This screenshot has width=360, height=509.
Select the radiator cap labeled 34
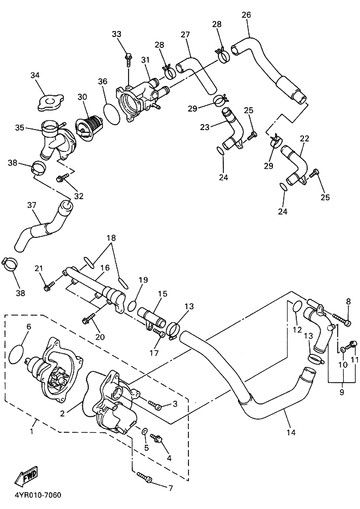tap(50, 102)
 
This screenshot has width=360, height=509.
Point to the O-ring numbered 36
tap(112, 114)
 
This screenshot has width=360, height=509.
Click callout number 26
tap(246, 15)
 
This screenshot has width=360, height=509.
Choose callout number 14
tap(291, 432)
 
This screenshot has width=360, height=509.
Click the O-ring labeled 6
tap(16, 354)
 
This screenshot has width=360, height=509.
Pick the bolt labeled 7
tap(144, 476)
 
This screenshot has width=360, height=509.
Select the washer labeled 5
tap(144, 431)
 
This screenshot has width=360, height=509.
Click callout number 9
tap(342, 392)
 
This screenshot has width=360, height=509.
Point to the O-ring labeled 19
tap(131, 305)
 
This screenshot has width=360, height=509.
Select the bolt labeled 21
tap(49, 286)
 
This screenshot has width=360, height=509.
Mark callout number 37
tap(32, 205)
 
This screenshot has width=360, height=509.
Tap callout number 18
tap(111, 238)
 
